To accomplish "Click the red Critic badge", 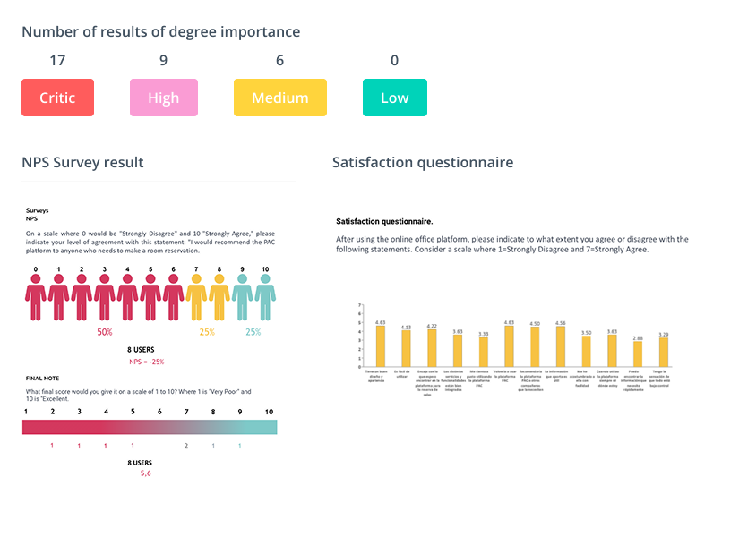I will click(57, 98).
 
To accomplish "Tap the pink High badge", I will click(164, 98).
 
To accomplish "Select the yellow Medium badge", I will click(280, 98).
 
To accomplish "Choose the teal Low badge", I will click(394, 98).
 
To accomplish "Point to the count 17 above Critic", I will click(57, 61).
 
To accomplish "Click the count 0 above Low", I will click(394, 61).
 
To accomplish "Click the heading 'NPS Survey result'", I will click(82, 162).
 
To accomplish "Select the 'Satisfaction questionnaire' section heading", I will click(423, 162).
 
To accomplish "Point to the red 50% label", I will click(105, 332).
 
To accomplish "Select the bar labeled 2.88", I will click(638, 354).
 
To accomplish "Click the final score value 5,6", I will click(146, 473).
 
